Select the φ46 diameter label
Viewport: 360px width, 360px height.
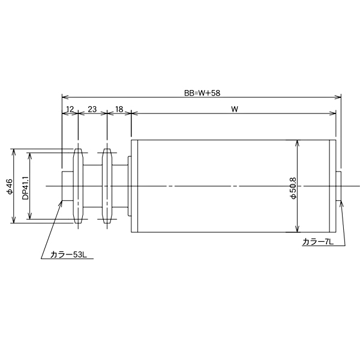[x=9, y=187]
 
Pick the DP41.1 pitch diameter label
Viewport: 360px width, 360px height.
[x=25, y=187]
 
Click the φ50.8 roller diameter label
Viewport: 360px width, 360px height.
[x=292, y=187]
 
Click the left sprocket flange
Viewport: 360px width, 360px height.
[x=77, y=187]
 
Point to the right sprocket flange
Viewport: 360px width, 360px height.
[x=107, y=187]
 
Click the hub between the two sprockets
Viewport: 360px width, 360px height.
[x=92, y=187]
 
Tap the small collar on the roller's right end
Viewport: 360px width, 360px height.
[x=339, y=187]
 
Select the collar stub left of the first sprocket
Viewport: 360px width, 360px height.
[x=67, y=187]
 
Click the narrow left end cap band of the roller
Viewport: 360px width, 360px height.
[x=135, y=187]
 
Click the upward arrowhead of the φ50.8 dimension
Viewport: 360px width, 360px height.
[x=297, y=143]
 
